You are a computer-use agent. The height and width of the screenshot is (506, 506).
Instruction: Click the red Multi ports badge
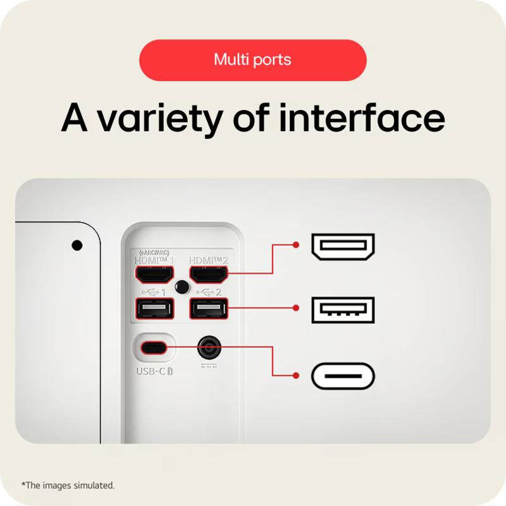click(252, 60)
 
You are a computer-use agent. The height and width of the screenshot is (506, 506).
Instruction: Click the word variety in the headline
click(160, 119)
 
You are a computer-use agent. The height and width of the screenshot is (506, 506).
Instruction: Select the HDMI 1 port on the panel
click(154, 275)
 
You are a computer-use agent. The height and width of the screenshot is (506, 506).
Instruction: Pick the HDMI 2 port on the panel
click(209, 275)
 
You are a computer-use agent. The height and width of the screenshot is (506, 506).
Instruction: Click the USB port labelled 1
click(154, 309)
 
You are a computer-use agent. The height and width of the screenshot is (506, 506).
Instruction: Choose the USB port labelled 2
click(209, 309)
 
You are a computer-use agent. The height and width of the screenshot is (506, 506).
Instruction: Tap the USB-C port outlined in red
click(154, 347)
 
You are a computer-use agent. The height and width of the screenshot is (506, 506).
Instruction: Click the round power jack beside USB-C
click(209, 348)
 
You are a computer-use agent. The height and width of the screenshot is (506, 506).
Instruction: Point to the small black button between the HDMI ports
click(182, 287)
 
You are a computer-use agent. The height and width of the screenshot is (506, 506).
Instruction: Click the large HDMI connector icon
click(343, 247)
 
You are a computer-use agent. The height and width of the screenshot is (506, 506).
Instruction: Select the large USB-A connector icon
click(343, 310)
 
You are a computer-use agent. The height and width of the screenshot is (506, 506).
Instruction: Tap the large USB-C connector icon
click(343, 376)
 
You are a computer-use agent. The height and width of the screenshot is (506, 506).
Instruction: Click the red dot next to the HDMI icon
click(295, 245)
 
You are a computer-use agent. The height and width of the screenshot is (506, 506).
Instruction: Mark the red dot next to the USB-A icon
click(295, 308)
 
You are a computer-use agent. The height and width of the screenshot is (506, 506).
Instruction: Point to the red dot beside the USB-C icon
click(295, 375)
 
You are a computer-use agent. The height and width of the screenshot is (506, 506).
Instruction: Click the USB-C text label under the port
click(154, 371)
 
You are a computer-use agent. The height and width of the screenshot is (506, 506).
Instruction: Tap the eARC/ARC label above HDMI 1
click(154, 252)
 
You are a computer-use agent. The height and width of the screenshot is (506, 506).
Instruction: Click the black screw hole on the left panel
click(77, 245)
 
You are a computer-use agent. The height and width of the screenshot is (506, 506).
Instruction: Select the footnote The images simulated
click(68, 485)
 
